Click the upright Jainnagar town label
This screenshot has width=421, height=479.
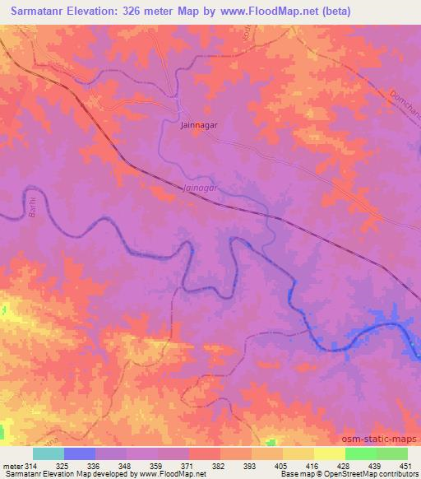(197, 127)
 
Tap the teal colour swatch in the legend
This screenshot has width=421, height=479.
(49, 453)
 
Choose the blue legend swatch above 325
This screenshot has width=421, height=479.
(79, 453)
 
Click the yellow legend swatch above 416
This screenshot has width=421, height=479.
(298, 453)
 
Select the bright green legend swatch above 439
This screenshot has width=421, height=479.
(360, 453)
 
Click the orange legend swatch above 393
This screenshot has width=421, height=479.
(237, 453)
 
